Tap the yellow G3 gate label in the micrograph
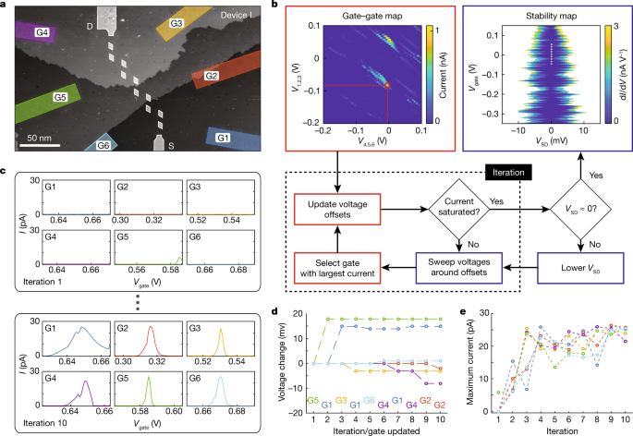[177, 22]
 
